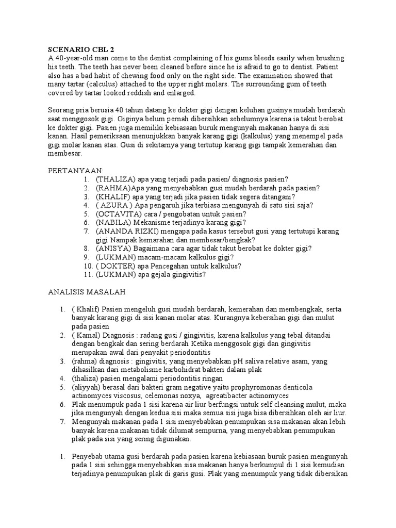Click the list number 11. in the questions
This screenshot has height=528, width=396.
pos(87,275)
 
